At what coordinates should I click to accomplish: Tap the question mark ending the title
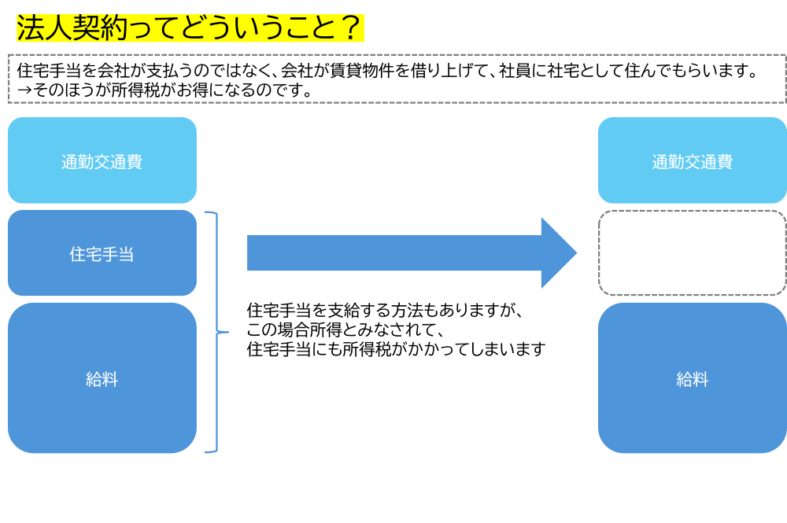[x=349, y=28]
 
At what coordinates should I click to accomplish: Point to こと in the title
[x=307, y=28]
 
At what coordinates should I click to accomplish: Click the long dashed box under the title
[x=397, y=79]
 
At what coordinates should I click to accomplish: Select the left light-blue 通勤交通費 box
[x=102, y=160]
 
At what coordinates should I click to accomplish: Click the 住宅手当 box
[x=102, y=253]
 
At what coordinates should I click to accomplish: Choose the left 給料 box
[x=102, y=378]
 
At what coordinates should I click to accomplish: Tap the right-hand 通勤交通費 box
[x=692, y=160]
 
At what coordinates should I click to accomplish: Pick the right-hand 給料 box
[x=692, y=378]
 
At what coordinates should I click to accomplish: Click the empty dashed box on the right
[x=692, y=253]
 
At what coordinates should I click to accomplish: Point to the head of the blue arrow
[x=559, y=253]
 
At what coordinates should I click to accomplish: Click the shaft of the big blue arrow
[x=393, y=253]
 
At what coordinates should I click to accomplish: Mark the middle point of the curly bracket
[x=224, y=333]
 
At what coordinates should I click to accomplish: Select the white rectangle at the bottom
[x=397, y=493]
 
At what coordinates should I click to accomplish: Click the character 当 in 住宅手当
[x=126, y=255]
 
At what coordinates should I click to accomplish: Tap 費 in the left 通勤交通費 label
[x=134, y=162]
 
